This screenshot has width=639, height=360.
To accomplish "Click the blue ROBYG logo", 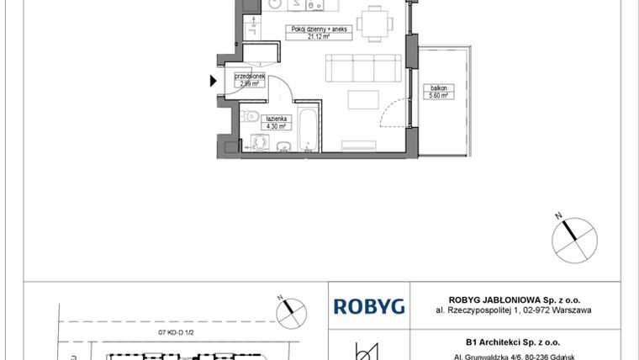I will tap(369, 305).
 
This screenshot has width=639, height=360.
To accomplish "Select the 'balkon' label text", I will tap(438, 87).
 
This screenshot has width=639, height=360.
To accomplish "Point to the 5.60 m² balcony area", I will tap(438, 95).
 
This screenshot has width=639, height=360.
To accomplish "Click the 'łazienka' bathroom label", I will tap(277, 119).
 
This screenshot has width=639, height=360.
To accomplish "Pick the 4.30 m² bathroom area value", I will tap(277, 126).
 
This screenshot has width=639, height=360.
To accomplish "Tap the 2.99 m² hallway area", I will tap(250, 83).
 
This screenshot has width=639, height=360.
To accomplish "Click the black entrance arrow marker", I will tap(213, 82).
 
